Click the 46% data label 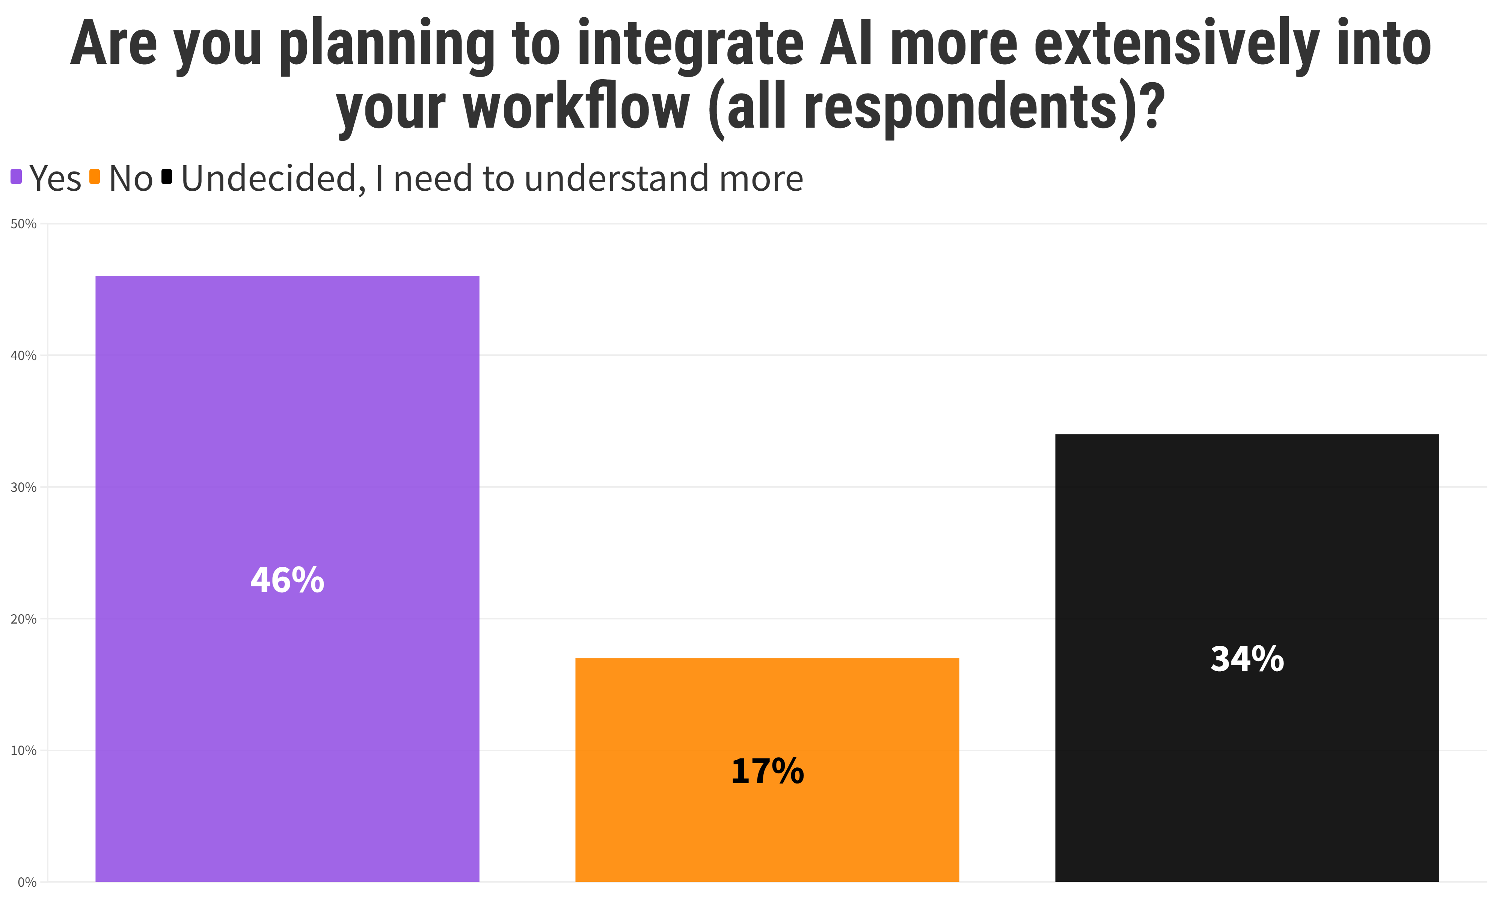pyautogui.click(x=287, y=580)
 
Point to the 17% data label pyautogui.click(x=767, y=772)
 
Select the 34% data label pyautogui.click(x=1246, y=659)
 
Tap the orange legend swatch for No pyautogui.click(x=94, y=177)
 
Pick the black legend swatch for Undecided pyautogui.click(x=166, y=177)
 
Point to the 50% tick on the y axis pyautogui.click(x=24, y=224)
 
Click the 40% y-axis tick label pyautogui.click(x=24, y=356)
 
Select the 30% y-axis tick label pyautogui.click(x=24, y=488)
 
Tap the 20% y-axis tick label pyautogui.click(x=24, y=619)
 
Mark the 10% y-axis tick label pyautogui.click(x=24, y=751)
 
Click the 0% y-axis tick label pyautogui.click(x=27, y=882)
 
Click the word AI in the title pyautogui.click(x=845, y=44)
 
